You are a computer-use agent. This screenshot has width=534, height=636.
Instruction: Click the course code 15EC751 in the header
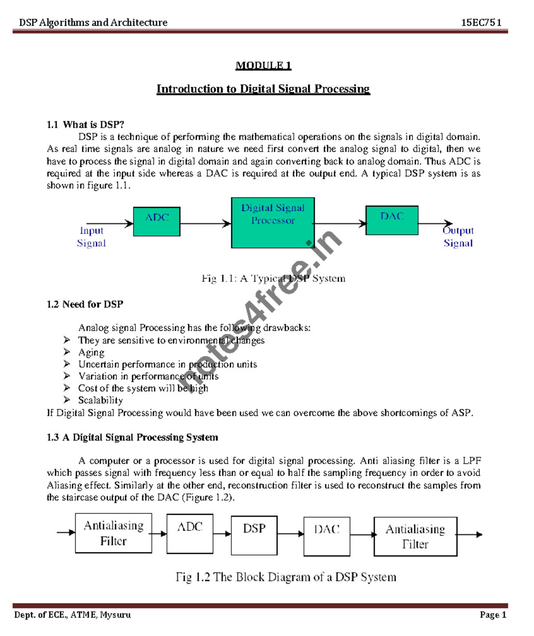481,23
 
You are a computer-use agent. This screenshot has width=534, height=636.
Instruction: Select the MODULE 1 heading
263,66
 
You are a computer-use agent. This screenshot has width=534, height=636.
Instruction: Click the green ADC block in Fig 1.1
157,221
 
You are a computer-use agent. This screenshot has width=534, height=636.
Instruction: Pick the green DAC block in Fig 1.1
392,220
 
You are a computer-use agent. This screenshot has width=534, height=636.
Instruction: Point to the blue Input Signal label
91,237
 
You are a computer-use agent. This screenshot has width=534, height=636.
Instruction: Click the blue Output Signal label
458,237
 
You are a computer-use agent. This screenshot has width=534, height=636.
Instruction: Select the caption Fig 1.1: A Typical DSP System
273,279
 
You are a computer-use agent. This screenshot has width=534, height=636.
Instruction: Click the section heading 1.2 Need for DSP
85,304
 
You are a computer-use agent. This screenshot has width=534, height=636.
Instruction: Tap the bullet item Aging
91,352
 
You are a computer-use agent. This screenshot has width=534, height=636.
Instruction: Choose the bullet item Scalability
101,400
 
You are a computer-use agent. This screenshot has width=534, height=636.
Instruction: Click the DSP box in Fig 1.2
254,535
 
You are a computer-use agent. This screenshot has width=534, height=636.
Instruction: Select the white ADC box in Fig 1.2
190,533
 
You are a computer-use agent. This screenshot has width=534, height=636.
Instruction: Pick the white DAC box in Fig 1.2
327,536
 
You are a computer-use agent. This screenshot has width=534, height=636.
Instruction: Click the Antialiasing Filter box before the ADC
113,533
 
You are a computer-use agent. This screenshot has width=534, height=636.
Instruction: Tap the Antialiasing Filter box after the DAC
415,536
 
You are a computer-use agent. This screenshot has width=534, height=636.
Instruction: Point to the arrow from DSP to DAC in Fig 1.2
291,534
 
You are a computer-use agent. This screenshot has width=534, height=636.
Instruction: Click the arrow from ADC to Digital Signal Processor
206,224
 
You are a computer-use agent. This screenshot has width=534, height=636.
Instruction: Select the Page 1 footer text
493,615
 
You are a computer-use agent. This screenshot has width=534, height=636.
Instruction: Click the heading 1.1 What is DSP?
85,124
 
